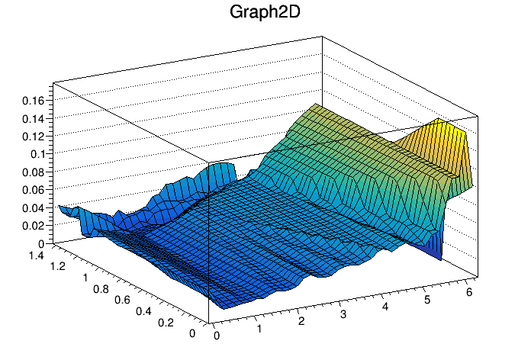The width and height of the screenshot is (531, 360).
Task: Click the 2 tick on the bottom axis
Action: pos(302,321)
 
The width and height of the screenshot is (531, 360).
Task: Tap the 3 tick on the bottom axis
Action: pos(344,313)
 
